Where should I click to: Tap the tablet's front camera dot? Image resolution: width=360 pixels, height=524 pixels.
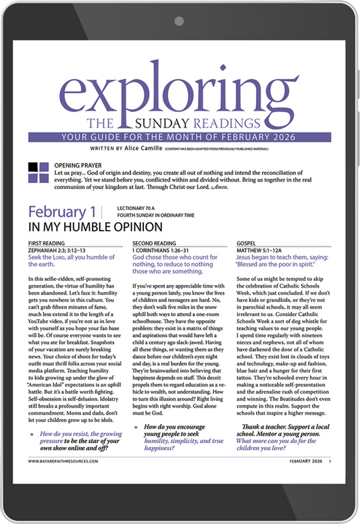(180, 21)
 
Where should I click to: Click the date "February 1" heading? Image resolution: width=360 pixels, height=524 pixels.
(61, 210)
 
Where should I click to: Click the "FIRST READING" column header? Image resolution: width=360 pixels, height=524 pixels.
(48, 242)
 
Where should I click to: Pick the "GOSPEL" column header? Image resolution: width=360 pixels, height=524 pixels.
(247, 242)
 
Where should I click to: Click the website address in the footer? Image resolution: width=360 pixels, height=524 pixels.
(65, 462)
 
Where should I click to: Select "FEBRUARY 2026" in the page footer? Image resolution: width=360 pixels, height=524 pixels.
(298, 462)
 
